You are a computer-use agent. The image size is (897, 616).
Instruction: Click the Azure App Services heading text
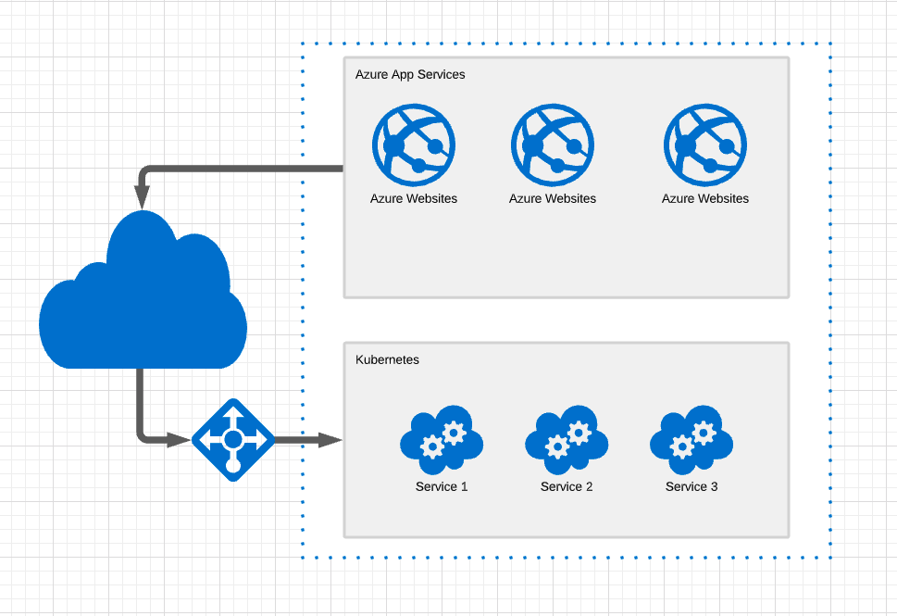point(410,74)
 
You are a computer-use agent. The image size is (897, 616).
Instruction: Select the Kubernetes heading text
point(387,359)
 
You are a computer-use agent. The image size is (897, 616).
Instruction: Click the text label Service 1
point(442,486)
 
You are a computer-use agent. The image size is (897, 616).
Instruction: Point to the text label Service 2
point(567,486)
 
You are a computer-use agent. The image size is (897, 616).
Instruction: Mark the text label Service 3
point(691,486)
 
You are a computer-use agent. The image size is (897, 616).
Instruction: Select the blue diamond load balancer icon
point(232,439)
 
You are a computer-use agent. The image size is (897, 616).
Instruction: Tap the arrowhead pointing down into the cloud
point(143,195)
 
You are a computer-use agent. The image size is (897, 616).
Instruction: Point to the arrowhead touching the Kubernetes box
point(330,439)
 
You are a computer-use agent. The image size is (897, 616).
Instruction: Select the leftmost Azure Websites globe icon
point(414,145)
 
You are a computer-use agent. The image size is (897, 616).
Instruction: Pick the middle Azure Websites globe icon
point(553,145)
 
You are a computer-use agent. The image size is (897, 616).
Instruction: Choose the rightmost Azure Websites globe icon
point(705,145)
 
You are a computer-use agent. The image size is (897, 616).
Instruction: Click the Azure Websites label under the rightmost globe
point(705,198)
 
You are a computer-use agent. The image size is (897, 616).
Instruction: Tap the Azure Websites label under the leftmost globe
point(414,198)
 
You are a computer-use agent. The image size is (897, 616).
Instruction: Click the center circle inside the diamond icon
point(232,439)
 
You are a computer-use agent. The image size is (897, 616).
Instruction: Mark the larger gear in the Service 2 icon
point(557,446)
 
